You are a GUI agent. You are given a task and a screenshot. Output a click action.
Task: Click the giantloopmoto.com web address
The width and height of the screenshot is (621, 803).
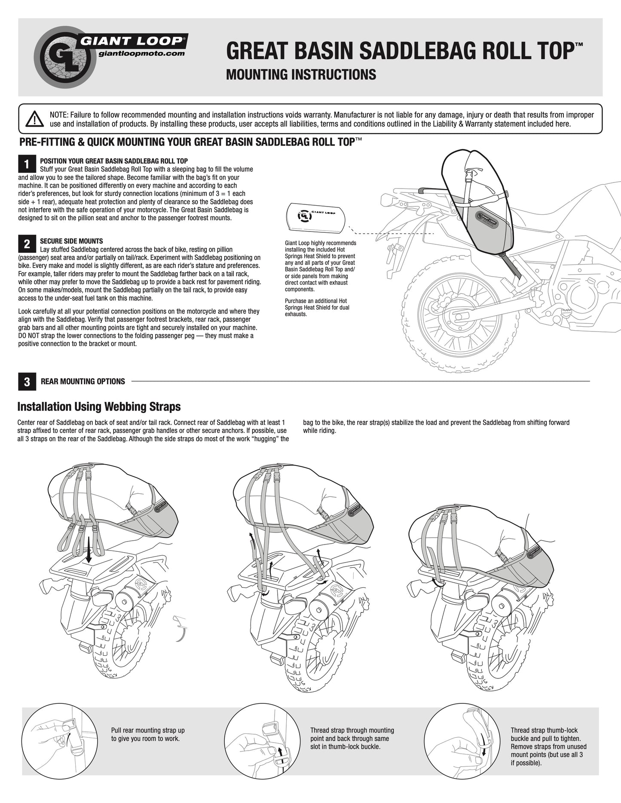click(141, 54)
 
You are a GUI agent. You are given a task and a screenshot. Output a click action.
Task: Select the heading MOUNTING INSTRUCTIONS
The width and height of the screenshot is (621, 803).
click(301, 75)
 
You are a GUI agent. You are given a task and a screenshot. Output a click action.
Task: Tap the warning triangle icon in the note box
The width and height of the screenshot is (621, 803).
click(34, 119)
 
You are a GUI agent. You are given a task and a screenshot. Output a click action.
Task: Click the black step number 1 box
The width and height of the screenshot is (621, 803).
click(27, 164)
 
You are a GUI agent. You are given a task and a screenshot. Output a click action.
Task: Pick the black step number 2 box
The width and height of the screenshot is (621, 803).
click(27, 244)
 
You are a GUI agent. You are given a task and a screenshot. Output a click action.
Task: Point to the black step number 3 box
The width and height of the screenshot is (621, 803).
click(27, 382)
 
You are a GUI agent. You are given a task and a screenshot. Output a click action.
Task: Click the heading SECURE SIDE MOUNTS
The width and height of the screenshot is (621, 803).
click(71, 241)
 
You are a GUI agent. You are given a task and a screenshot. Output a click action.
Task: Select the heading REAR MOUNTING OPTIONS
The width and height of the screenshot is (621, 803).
click(83, 382)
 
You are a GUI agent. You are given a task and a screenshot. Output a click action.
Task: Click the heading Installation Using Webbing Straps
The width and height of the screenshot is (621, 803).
click(99, 407)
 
